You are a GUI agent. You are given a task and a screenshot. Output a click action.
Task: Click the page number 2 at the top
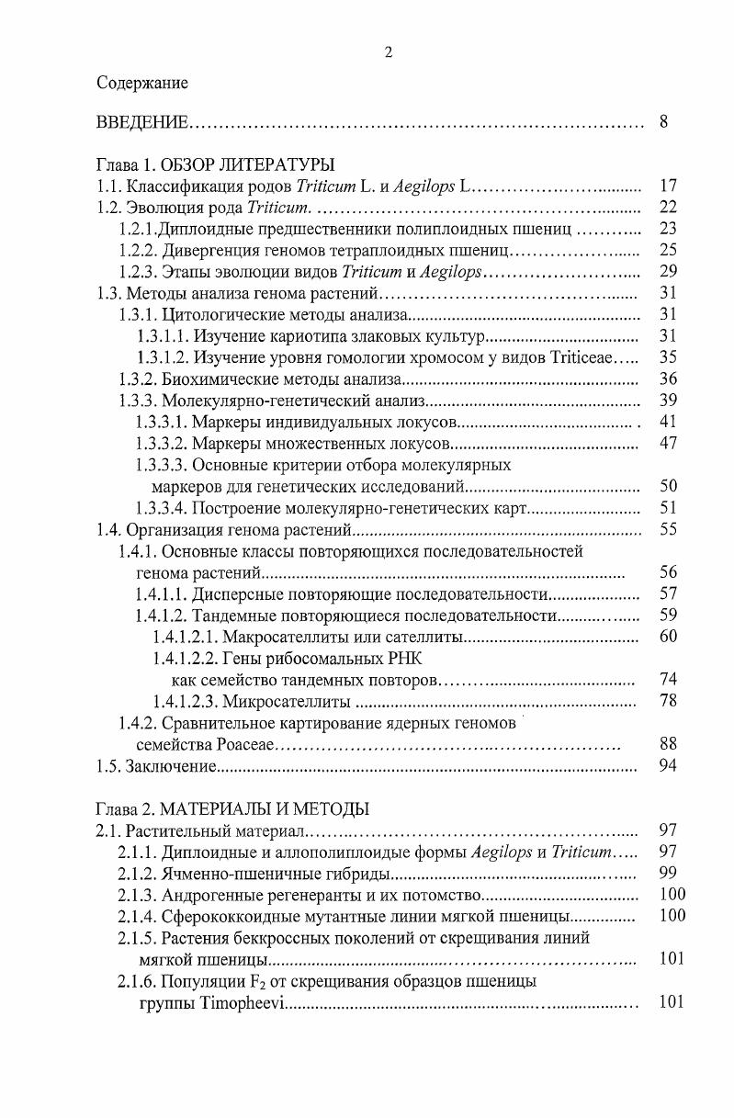(x=388, y=53)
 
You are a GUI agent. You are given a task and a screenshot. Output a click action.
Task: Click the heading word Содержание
(x=142, y=84)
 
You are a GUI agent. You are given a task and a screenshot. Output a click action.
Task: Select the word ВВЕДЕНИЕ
(x=142, y=122)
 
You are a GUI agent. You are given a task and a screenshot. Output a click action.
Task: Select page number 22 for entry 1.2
(x=668, y=208)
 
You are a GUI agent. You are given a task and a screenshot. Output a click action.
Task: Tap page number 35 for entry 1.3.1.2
(x=668, y=357)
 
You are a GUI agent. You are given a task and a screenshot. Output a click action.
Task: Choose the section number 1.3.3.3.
(x=162, y=465)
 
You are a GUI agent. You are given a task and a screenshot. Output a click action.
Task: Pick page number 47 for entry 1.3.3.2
(x=668, y=443)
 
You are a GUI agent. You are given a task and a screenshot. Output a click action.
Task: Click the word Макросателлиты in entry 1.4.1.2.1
(x=281, y=637)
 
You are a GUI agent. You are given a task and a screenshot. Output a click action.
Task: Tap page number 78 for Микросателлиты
(x=668, y=701)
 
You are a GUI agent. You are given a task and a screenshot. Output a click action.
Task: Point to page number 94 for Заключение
(x=668, y=765)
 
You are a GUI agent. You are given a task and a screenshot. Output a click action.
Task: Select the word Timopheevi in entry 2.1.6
(x=242, y=1001)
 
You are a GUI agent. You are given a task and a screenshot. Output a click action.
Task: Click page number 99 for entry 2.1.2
(x=668, y=873)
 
